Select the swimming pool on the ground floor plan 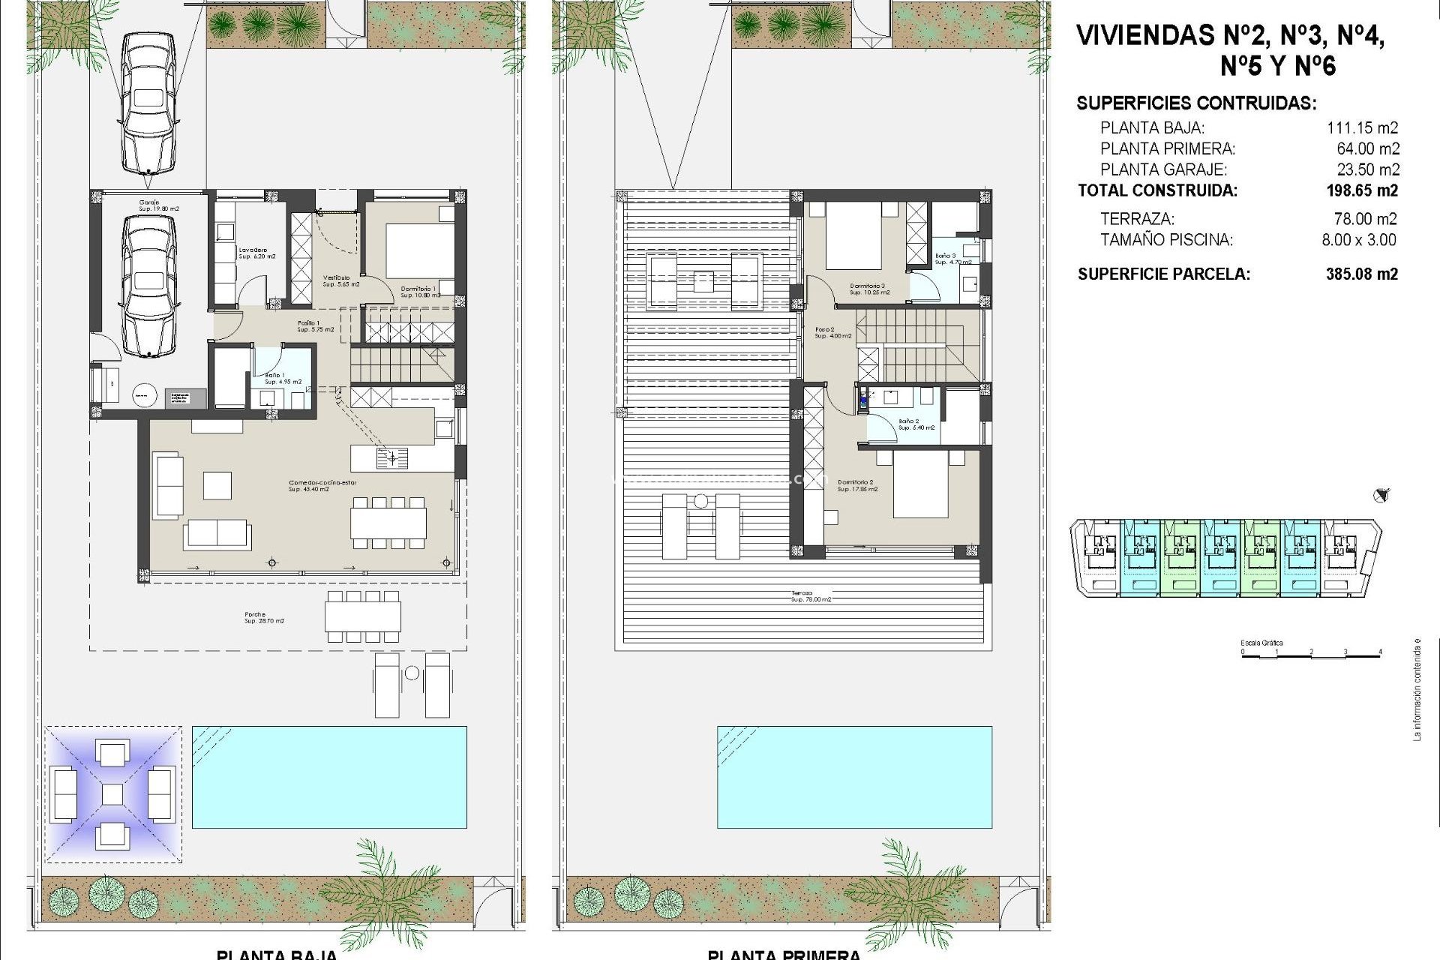coord(329,776)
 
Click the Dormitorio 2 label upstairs coord(856,485)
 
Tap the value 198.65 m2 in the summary coord(1362,190)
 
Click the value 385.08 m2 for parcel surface coord(1361,274)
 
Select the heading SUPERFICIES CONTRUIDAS coord(1195,103)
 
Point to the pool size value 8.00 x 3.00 coord(1358,240)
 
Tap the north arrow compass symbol coord(1381,495)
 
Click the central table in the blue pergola coord(112,794)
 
